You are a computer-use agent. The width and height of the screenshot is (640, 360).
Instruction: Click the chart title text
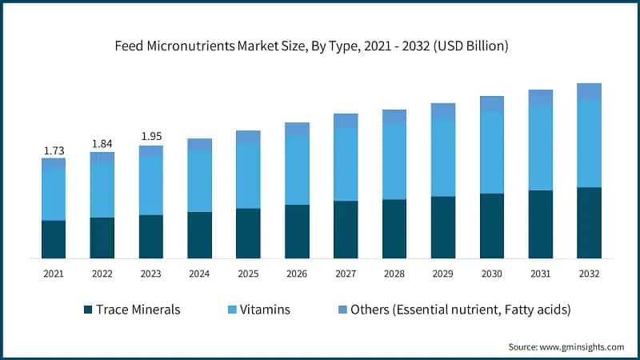(x=320, y=47)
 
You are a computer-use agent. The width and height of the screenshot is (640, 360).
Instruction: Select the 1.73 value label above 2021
(x=54, y=150)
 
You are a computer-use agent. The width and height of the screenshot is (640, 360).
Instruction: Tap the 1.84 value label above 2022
(x=102, y=144)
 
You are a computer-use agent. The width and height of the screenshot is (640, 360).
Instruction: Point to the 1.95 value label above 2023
(x=151, y=137)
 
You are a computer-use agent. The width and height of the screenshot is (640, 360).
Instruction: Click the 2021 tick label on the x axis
(x=54, y=274)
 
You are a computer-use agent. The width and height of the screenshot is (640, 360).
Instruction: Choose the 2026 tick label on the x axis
(x=297, y=274)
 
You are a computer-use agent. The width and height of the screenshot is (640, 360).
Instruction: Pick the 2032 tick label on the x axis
(x=589, y=274)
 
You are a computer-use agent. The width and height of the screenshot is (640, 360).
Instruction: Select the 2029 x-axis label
(x=442, y=274)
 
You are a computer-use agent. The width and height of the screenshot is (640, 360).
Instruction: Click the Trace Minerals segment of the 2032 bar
(x=589, y=223)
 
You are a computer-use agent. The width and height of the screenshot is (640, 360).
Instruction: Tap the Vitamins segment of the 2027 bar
(x=346, y=164)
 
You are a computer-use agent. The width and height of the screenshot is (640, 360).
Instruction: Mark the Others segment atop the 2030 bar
(x=491, y=104)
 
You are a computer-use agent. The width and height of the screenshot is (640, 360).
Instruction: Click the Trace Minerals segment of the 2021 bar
(x=54, y=239)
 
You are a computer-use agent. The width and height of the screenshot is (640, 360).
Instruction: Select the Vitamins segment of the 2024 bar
(x=200, y=182)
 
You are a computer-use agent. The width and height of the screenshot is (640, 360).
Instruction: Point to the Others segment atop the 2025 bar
(x=248, y=137)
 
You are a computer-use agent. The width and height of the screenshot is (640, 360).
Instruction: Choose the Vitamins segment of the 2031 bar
(x=540, y=148)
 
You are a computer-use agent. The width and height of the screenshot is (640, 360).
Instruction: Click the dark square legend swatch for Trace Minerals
(x=86, y=309)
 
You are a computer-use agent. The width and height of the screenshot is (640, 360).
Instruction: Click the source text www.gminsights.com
(x=566, y=346)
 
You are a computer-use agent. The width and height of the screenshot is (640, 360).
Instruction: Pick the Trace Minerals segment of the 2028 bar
(x=394, y=229)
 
